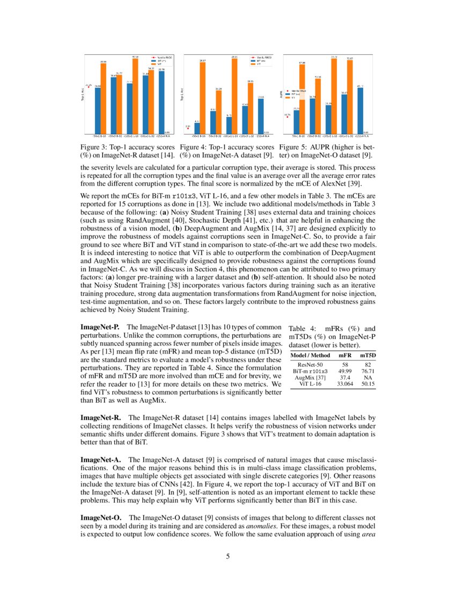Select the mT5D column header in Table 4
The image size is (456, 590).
click(x=367, y=355)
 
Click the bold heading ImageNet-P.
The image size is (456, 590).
click(x=99, y=327)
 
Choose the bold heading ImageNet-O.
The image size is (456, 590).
click(x=100, y=518)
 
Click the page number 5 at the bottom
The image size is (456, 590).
click(x=228, y=556)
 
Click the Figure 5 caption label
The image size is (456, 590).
click(x=293, y=147)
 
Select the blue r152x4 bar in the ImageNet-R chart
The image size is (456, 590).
click(x=161, y=101)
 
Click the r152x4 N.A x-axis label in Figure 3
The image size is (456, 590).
click(x=163, y=136)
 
